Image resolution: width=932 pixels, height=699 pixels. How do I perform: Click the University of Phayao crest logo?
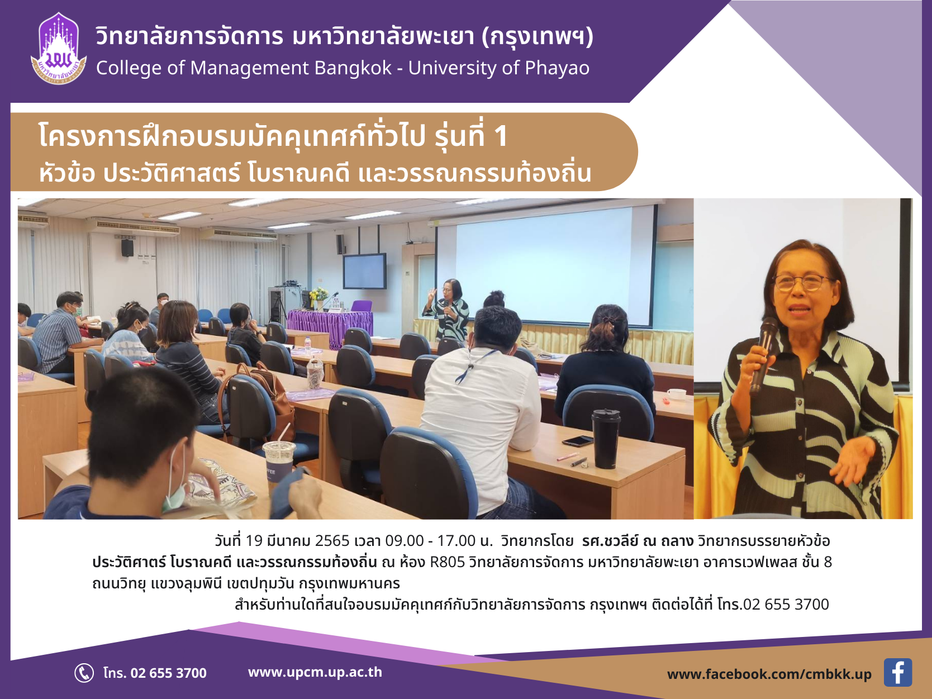tap(59, 49)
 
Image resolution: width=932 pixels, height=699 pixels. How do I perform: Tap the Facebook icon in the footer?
tap(897, 672)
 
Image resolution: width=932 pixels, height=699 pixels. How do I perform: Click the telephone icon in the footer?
tap(84, 673)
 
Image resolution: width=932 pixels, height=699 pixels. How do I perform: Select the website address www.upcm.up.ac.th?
tap(315, 672)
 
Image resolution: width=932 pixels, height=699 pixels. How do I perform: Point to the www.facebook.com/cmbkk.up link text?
tap(769, 674)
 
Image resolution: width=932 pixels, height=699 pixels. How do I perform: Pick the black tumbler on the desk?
tap(606, 439)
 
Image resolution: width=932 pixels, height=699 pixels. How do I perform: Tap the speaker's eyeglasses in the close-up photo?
tap(800, 282)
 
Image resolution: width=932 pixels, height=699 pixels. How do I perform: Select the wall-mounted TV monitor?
tap(365, 271)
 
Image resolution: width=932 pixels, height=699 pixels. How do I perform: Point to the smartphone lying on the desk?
tap(577, 441)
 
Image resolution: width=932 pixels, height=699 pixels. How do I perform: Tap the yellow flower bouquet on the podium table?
tap(319, 294)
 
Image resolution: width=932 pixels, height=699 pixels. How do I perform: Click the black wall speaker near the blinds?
tap(127, 248)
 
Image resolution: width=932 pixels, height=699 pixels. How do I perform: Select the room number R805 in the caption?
tap(448, 562)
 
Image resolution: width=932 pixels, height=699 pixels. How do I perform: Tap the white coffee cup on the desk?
tap(676, 394)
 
